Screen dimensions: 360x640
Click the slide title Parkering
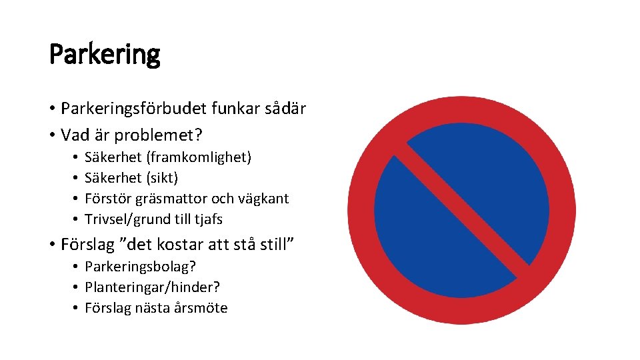[x=105, y=55]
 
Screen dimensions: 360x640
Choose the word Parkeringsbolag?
[x=140, y=267]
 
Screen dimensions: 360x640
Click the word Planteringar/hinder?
[x=153, y=287]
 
